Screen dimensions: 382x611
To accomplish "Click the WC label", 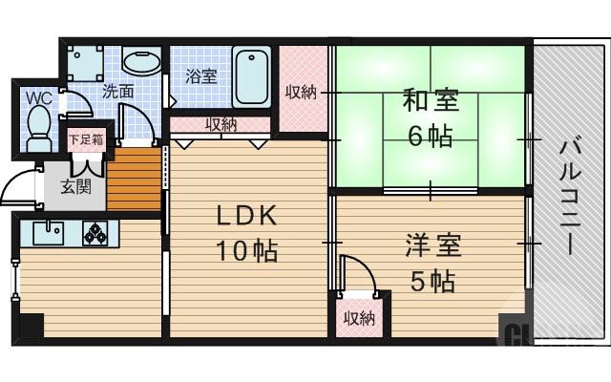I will [38, 97].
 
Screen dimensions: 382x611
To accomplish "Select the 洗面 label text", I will [118, 93].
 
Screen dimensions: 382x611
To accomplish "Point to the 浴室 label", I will [200, 75].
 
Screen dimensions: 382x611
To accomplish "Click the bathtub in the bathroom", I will [252, 75].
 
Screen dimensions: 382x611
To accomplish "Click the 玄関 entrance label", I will [76, 186].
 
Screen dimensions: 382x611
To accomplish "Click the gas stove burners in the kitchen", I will [97, 232].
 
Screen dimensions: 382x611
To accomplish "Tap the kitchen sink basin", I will [48, 232].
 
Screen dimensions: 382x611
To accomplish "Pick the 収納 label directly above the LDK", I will [221, 124].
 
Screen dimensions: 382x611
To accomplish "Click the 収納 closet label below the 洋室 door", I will [360, 318].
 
